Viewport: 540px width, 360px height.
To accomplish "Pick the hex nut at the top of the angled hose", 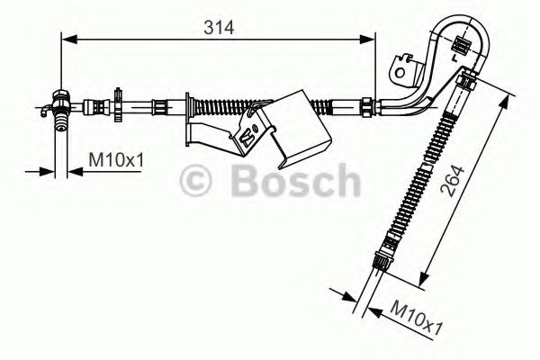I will pos(465,84).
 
